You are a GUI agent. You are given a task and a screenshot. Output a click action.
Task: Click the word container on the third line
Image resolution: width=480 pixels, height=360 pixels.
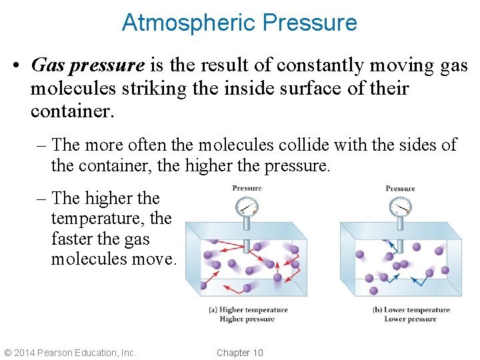pyautogui.click(x=72, y=111)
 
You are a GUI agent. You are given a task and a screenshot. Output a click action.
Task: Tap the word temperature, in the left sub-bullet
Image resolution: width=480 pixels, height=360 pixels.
pyautogui.click(x=101, y=218)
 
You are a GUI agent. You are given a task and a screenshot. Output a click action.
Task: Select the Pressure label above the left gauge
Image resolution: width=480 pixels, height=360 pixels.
pyautogui.click(x=247, y=188)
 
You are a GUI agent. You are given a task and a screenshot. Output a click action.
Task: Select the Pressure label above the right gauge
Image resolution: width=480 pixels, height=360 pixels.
pyautogui.click(x=400, y=189)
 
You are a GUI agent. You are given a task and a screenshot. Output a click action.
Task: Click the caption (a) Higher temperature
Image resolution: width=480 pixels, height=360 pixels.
pyautogui.click(x=247, y=310)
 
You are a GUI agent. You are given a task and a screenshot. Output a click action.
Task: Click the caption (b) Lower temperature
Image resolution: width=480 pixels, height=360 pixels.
pyautogui.click(x=411, y=310)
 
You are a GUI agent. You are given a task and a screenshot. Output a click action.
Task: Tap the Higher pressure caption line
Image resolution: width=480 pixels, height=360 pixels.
pyautogui.click(x=247, y=319)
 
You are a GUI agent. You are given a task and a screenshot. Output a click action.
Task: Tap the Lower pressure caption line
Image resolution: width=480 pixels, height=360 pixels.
pyautogui.click(x=411, y=319)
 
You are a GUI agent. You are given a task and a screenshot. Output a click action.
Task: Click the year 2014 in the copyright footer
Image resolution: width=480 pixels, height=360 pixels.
pyautogui.click(x=24, y=353)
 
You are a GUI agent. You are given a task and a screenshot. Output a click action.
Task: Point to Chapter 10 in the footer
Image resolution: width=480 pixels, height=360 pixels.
pyautogui.click(x=240, y=353)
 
